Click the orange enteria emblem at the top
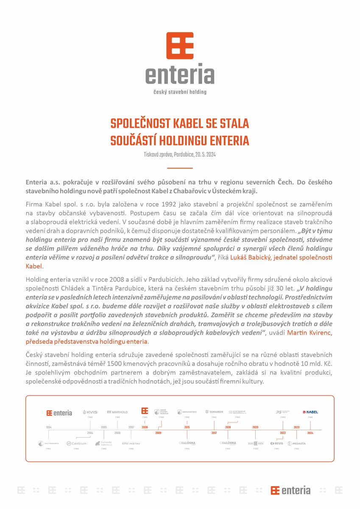[x=180, y=45]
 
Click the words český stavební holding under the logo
[x=180, y=92]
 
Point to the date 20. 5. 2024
[x=206, y=155]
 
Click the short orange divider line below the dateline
[x=180, y=168]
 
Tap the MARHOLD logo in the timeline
[x=117, y=412]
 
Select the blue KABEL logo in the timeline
[x=310, y=412]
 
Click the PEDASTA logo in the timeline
[x=296, y=443]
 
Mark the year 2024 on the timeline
[x=310, y=433]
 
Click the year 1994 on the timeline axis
[x=49, y=427]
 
